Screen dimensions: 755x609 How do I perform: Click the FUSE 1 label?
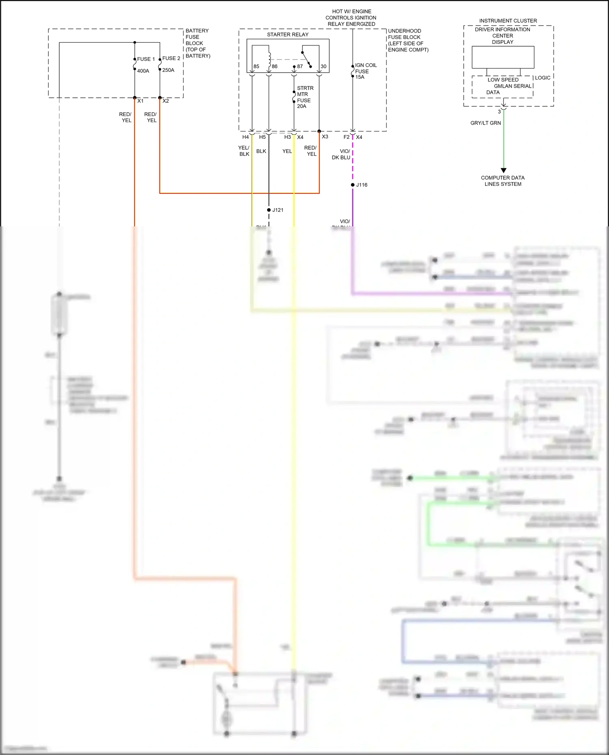tap(146, 59)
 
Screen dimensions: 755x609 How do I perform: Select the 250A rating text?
tap(168, 70)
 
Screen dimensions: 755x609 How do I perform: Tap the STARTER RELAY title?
tap(287, 34)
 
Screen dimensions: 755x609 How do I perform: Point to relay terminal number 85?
tap(256, 67)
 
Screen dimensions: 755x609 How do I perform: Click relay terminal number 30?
tap(324, 67)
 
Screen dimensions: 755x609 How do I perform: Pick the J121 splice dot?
tap(269, 210)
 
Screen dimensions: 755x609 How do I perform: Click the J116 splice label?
tap(362, 185)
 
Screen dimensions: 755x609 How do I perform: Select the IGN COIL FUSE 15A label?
tap(365, 71)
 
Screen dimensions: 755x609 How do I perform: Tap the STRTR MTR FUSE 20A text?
tap(304, 97)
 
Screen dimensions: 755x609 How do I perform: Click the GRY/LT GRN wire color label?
tap(486, 123)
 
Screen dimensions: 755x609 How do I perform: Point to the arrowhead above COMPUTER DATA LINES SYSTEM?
tap(503, 170)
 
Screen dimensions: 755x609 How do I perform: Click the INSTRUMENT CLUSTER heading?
tap(508, 21)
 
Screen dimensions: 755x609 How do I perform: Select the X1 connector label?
tap(140, 101)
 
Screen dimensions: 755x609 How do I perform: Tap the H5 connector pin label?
tap(262, 137)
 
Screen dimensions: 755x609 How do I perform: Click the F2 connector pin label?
tap(346, 137)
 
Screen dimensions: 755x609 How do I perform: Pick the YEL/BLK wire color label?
tap(244, 151)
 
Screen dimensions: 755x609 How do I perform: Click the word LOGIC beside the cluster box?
tap(542, 78)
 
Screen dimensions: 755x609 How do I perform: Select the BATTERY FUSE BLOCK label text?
tap(197, 43)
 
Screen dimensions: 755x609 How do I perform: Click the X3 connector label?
tap(325, 137)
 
